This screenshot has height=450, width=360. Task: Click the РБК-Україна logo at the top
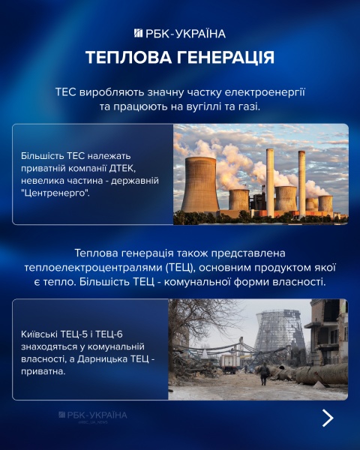(179, 33)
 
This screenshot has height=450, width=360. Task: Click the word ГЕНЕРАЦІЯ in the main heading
(225, 58)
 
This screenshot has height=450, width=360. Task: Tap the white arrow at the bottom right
(327, 418)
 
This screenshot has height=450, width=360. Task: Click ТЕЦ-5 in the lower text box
(70, 334)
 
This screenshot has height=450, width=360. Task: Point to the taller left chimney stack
(270, 180)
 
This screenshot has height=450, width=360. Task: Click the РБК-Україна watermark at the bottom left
(93, 415)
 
